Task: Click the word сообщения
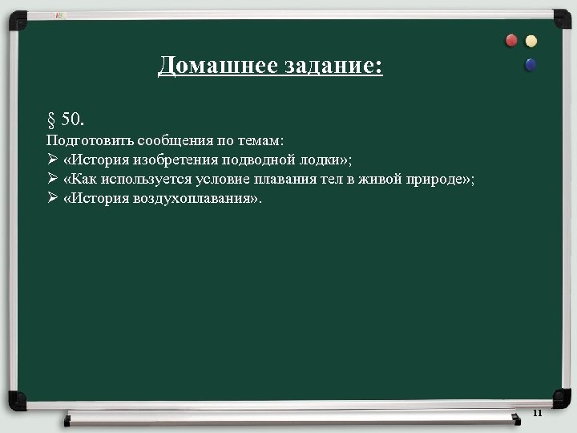169,140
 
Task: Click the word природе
434,178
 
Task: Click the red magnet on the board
512,40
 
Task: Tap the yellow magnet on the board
531,40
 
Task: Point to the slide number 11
537,413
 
